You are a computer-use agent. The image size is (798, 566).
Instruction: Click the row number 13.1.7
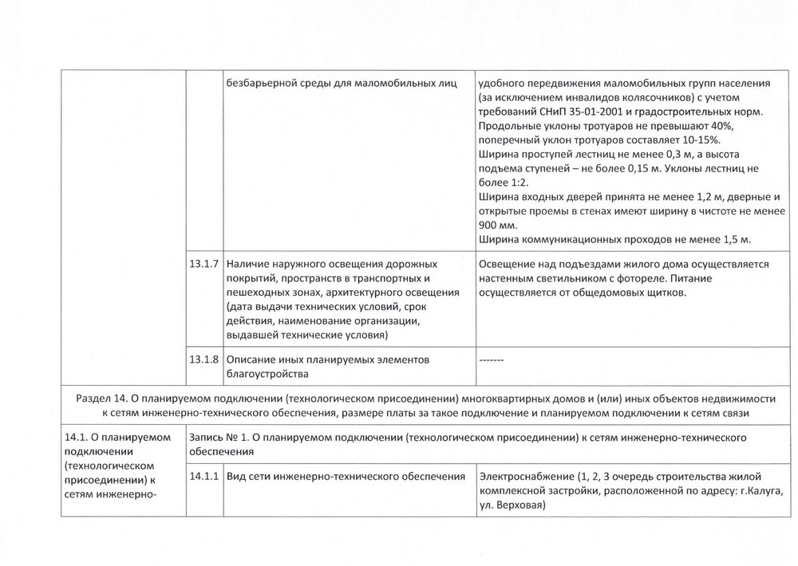click(x=205, y=263)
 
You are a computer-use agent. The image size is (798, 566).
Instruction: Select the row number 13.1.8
click(x=205, y=360)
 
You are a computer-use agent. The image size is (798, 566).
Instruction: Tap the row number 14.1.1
click(x=205, y=477)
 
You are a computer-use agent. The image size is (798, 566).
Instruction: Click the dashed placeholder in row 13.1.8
click(x=491, y=360)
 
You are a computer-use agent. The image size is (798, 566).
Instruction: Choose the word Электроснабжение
click(x=526, y=477)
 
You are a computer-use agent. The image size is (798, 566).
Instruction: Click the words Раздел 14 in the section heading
click(x=104, y=399)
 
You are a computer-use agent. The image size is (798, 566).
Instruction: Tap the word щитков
click(x=665, y=293)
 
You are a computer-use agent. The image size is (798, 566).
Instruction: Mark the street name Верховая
click(x=518, y=505)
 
